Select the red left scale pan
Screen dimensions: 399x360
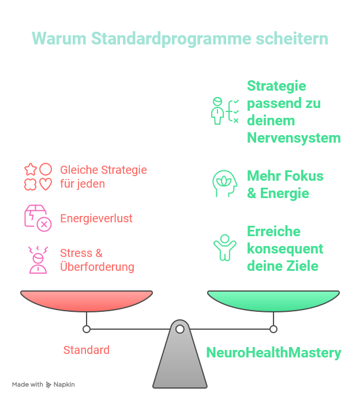coord(87,300)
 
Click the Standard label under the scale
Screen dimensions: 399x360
coord(87,350)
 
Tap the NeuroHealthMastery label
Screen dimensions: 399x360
coord(273,352)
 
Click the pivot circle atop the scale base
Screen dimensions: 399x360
coord(180,329)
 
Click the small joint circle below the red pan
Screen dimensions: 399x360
coord(87,329)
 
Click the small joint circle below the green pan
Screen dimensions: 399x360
coord(273,329)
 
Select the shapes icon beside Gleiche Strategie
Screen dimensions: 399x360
coord(38,177)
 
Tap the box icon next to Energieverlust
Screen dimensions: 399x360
coord(37,218)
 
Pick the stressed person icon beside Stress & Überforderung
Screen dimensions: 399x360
coord(38,260)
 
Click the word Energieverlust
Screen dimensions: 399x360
coord(96,219)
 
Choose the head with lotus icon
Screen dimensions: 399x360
coord(224,184)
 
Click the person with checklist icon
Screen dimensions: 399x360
coord(224,111)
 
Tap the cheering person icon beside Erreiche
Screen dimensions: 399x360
coord(224,247)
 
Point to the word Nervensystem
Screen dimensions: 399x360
coord(294,138)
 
